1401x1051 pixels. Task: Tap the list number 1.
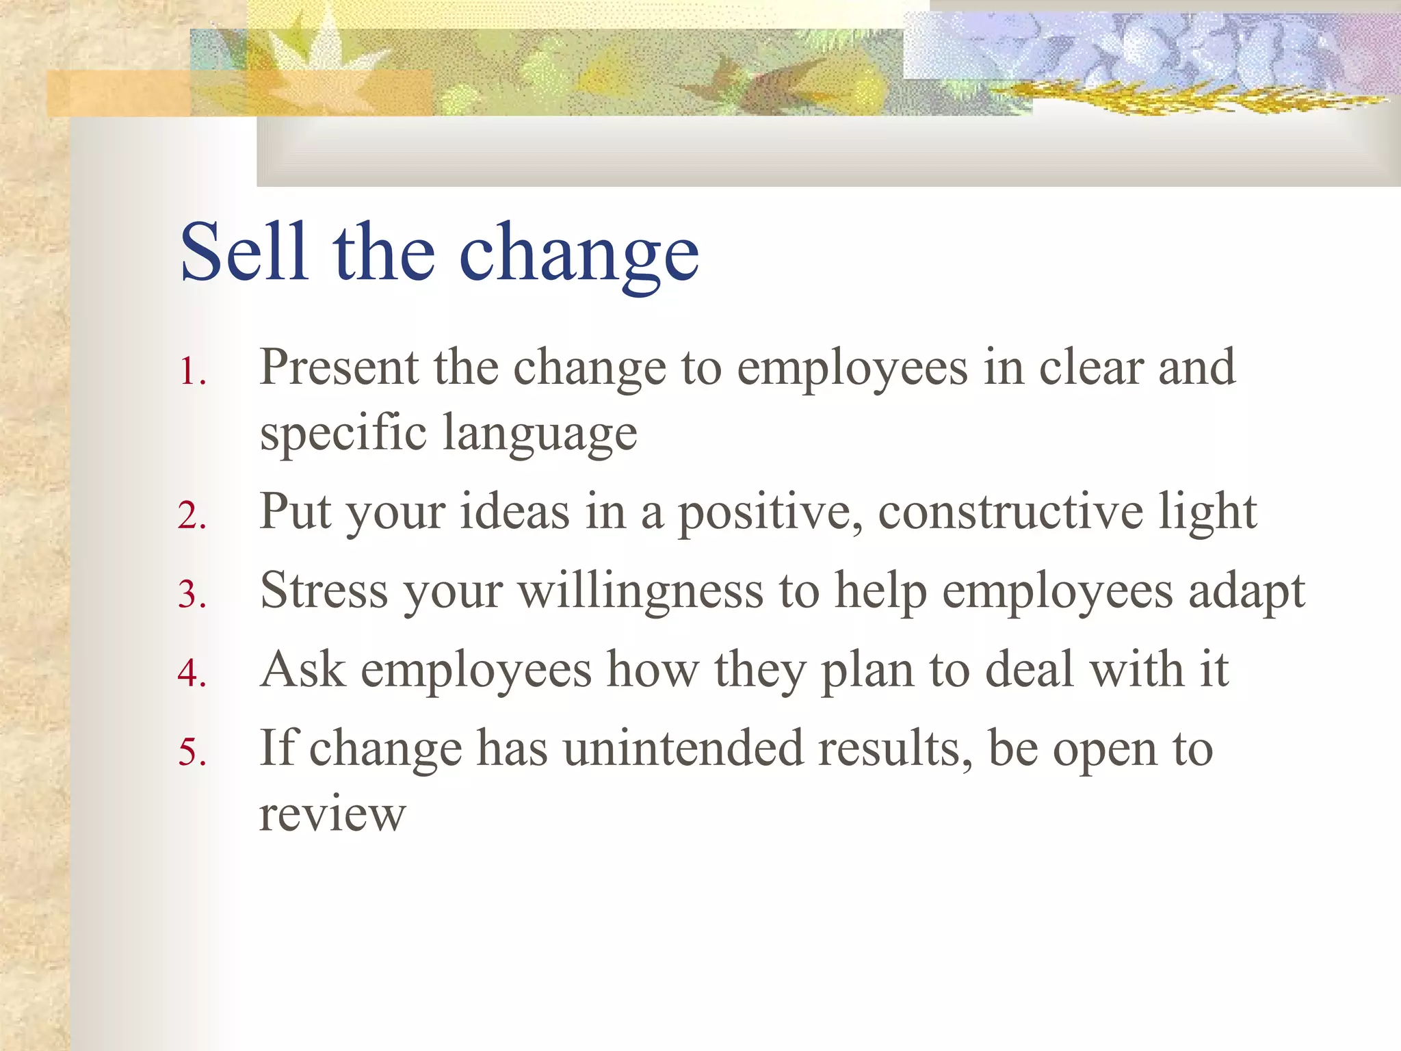point(192,374)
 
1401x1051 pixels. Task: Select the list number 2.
point(192,516)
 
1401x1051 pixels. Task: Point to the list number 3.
point(192,595)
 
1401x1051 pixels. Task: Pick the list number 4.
point(192,673)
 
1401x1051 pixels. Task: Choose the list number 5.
point(192,752)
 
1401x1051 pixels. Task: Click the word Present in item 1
point(339,368)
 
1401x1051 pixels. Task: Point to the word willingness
point(640,592)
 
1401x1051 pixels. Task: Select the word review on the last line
point(332,816)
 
